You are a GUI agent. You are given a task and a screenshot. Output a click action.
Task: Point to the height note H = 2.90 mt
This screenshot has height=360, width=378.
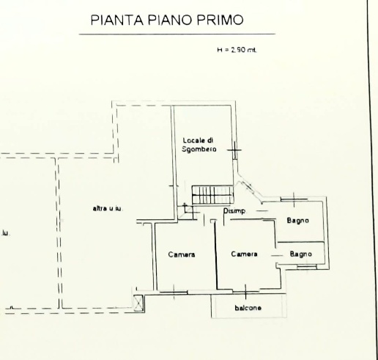tap(236, 50)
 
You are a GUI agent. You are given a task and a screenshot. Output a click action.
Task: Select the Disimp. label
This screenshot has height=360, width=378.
tap(234, 212)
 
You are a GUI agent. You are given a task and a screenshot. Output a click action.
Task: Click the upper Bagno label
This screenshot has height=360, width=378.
tap(297, 221)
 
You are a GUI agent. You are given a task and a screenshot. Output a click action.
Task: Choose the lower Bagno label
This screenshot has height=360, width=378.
tap(301, 254)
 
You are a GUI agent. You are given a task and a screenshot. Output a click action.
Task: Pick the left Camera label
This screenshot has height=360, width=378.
tap(182, 254)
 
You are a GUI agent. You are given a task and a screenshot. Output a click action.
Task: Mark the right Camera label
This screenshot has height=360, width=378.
tap(244, 254)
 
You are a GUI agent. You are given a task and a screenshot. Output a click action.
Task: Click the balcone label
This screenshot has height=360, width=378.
tap(248, 307)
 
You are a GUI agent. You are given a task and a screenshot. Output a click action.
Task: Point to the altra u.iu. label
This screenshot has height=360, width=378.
tap(107, 209)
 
